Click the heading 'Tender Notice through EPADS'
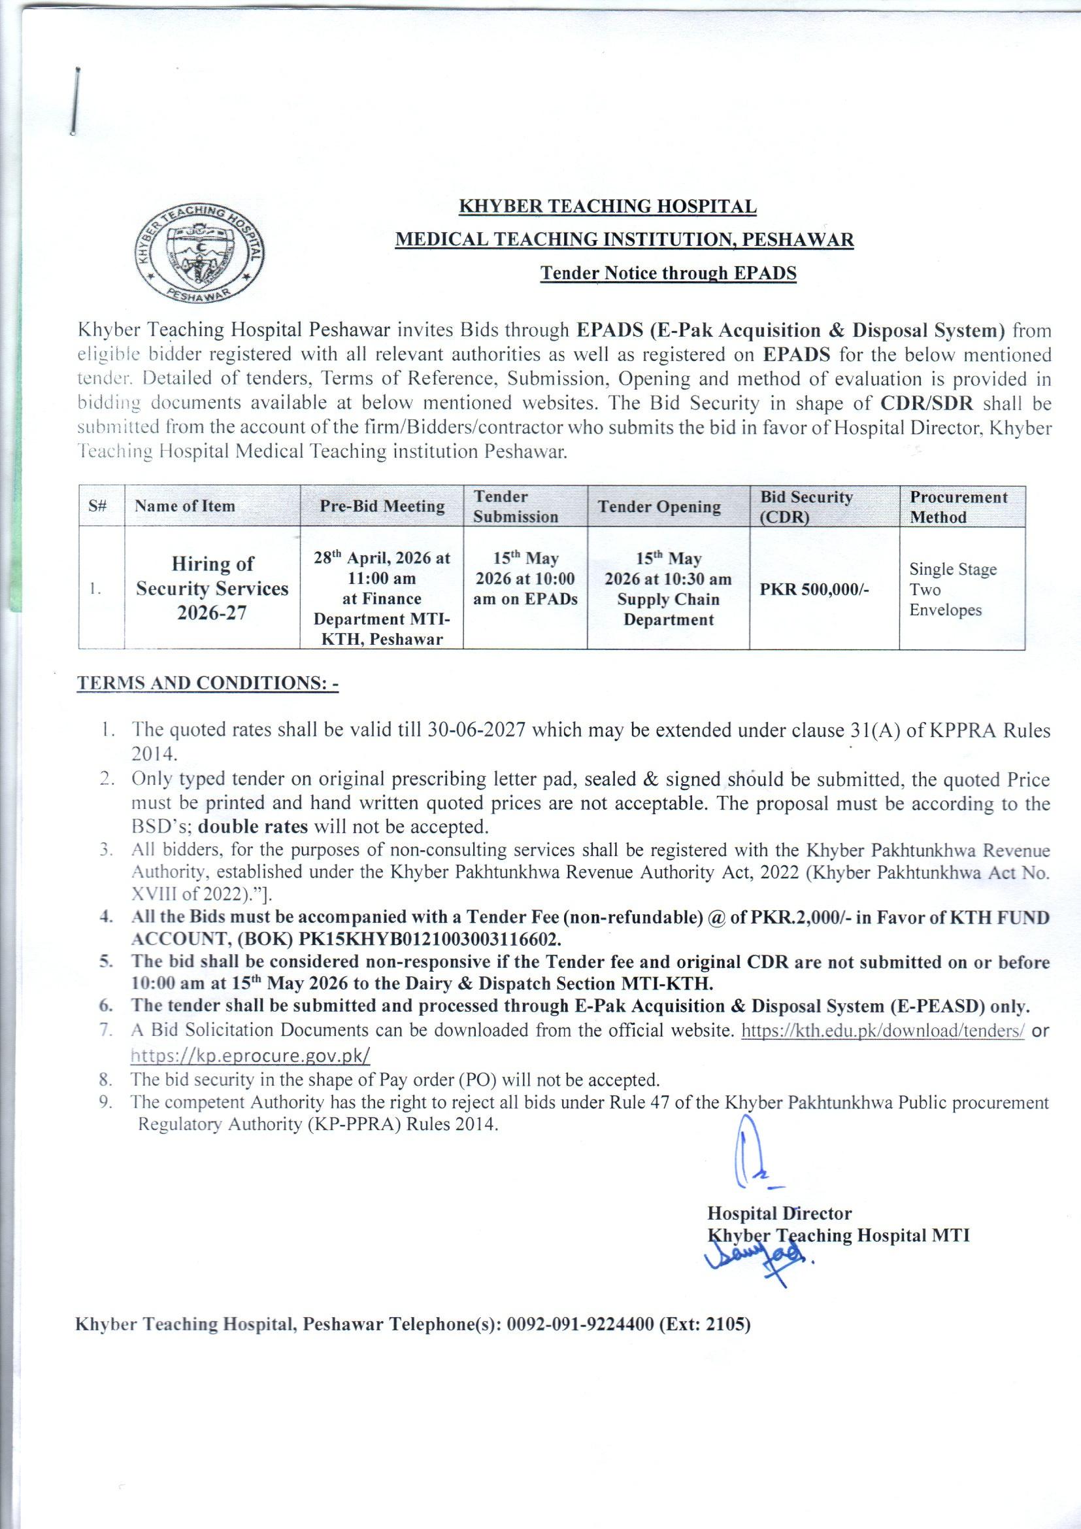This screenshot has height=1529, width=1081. tap(668, 274)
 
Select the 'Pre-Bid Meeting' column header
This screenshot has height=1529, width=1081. tap(382, 506)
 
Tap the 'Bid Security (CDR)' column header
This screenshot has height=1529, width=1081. tap(806, 507)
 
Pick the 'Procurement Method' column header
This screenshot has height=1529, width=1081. tap(959, 507)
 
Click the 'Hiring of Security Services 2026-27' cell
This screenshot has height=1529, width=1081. tap(212, 588)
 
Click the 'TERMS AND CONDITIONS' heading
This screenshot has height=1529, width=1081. tap(208, 684)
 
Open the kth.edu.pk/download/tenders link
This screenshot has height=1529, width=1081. tap(882, 1030)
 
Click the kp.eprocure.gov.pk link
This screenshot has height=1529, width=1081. tap(250, 1056)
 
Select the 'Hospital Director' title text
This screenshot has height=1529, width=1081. tap(779, 1213)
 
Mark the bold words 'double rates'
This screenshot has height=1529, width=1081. tap(254, 827)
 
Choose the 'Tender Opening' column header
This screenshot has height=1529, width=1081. tap(659, 507)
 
